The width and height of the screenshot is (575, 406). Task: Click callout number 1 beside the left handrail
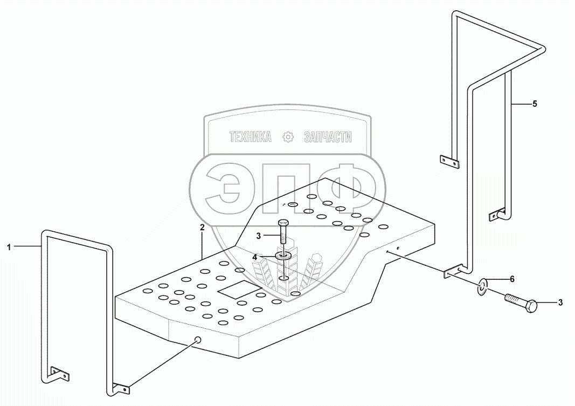pos(9,246)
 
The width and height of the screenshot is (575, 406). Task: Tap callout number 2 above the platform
pos(202,228)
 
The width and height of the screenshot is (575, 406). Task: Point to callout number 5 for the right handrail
pos(535,104)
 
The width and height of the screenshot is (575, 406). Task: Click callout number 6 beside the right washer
pos(512,279)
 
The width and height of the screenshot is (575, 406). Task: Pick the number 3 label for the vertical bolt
pos(259,236)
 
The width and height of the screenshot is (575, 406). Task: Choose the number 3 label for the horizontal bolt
pos(560,303)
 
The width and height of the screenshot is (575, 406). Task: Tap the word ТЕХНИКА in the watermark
pos(250,137)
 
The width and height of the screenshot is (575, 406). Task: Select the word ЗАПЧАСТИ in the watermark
pos(328,137)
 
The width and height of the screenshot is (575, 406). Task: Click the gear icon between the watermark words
pos(289,137)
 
